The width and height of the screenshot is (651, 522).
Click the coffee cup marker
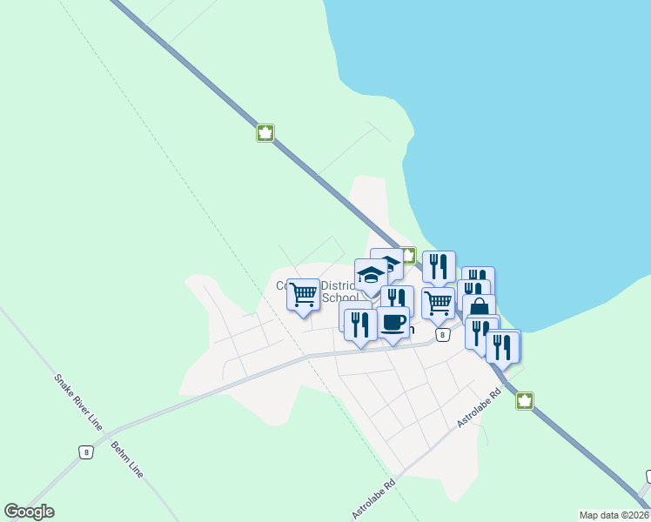(x=393, y=323)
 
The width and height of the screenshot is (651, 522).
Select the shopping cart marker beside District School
(x=304, y=295)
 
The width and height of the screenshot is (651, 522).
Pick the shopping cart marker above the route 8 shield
(x=438, y=303)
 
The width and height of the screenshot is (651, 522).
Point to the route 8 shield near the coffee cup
(x=443, y=335)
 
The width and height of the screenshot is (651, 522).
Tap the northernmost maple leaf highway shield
(x=265, y=133)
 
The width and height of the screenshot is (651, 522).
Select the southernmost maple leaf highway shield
(x=524, y=401)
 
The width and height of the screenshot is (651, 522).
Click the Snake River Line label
(x=78, y=402)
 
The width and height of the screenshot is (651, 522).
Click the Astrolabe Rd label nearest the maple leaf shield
(x=480, y=406)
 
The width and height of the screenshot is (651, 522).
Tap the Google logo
(x=29, y=512)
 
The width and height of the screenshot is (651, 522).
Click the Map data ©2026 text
(x=614, y=514)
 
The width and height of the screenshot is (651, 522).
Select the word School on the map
(x=339, y=298)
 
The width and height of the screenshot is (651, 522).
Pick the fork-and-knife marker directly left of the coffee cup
(x=360, y=325)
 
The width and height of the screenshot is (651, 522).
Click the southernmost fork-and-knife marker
(x=502, y=347)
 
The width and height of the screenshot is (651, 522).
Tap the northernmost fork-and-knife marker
(x=439, y=266)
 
